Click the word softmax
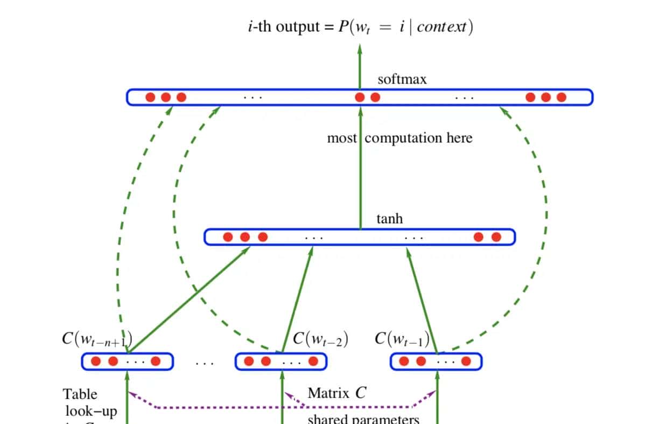pyautogui.click(x=402, y=79)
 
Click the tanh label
pyautogui.click(x=389, y=219)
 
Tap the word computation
pyautogui.click(x=405, y=138)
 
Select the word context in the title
pyautogui.click(x=441, y=27)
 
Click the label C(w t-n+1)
pyautogui.click(x=97, y=339)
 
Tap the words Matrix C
pyautogui.click(x=336, y=393)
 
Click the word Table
pyautogui.click(x=80, y=394)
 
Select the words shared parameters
pyautogui.click(x=363, y=419)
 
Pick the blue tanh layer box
pyautogui.click(x=359, y=237)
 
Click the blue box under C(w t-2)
pyautogui.click(x=281, y=362)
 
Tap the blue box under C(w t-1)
pyautogui.click(x=436, y=362)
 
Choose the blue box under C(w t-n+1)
pyautogui.click(x=127, y=362)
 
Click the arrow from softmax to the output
pyautogui.click(x=360, y=65)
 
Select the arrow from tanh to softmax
pyautogui.click(x=360, y=172)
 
